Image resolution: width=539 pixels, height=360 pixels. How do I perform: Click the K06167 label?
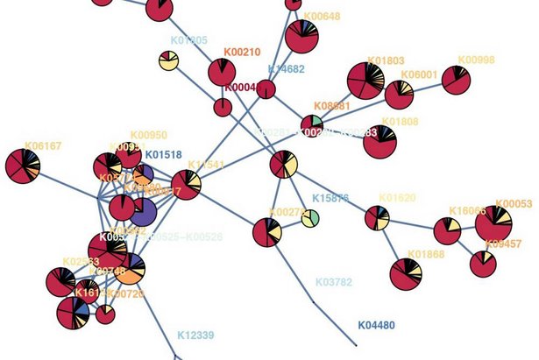[43, 146]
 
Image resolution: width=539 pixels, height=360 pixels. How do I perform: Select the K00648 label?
[322, 17]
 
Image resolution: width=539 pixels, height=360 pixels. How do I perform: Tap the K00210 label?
[242, 53]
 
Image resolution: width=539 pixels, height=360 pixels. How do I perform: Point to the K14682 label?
[286, 68]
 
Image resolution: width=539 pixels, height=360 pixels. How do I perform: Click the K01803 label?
[386, 61]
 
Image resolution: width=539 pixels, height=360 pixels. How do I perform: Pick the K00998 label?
[477, 60]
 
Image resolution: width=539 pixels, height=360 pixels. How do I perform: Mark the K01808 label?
[400, 122]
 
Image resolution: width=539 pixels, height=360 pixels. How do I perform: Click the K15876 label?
[330, 199]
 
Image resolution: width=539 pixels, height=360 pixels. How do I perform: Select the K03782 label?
[333, 283]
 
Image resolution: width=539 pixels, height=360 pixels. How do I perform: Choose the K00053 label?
[514, 204]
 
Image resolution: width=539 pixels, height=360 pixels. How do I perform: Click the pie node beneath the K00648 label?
[301, 38]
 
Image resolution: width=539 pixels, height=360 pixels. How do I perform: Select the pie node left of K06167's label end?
[22, 166]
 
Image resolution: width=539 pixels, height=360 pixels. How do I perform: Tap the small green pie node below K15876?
[310, 217]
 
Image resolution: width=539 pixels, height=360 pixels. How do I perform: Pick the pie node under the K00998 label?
[456, 81]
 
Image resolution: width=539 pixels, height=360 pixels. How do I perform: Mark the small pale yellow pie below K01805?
[168, 60]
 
